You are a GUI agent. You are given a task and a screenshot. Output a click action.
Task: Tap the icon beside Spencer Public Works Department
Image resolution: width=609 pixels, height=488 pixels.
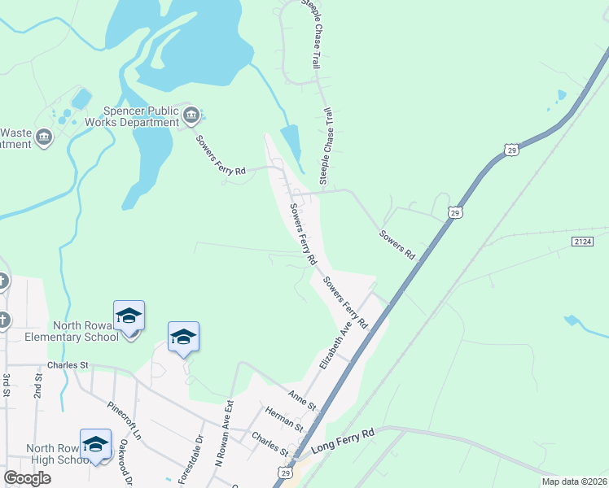point(192,115)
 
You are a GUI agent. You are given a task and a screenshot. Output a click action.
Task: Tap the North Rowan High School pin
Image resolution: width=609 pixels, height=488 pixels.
point(95,444)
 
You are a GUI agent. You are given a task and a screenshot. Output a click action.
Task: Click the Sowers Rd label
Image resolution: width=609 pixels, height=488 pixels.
point(397,245)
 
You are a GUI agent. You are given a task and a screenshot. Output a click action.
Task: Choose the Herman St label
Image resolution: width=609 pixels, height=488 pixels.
point(283,420)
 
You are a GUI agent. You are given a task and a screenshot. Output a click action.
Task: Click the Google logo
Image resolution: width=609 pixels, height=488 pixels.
point(27,478)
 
